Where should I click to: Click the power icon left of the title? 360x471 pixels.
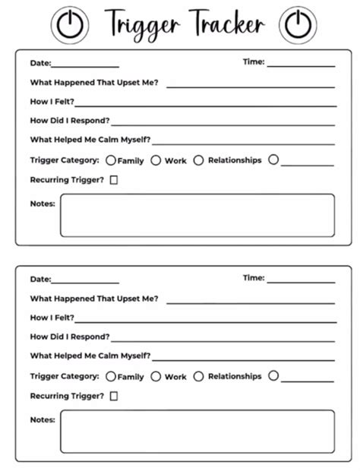coord(69,24)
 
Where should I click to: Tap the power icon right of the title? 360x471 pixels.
coord(297,24)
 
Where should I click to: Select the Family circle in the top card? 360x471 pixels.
coord(111,161)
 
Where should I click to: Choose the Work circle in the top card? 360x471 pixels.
coord(156,160)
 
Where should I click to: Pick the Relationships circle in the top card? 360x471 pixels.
coord(199,160)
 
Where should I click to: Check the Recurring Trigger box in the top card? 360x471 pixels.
coord(114,180)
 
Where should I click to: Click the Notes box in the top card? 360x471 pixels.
coord(197,215)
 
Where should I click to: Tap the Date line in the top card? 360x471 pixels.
coord(85,66)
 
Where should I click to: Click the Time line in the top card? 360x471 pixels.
coord(301,66)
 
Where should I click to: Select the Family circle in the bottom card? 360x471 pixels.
coord(111,376)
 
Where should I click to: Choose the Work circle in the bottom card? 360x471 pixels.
coord(156,376)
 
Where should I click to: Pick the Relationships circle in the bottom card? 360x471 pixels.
coord(199,376)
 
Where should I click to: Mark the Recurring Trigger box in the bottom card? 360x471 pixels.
coord(114,396)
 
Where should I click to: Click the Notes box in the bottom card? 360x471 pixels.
coord(197,431)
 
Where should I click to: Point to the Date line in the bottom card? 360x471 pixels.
coord(85,282)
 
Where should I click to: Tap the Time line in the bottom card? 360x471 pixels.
coord(301,282)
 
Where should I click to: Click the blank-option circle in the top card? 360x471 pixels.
coord(273,160)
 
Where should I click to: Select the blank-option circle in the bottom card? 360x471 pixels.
coord(273,376)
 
